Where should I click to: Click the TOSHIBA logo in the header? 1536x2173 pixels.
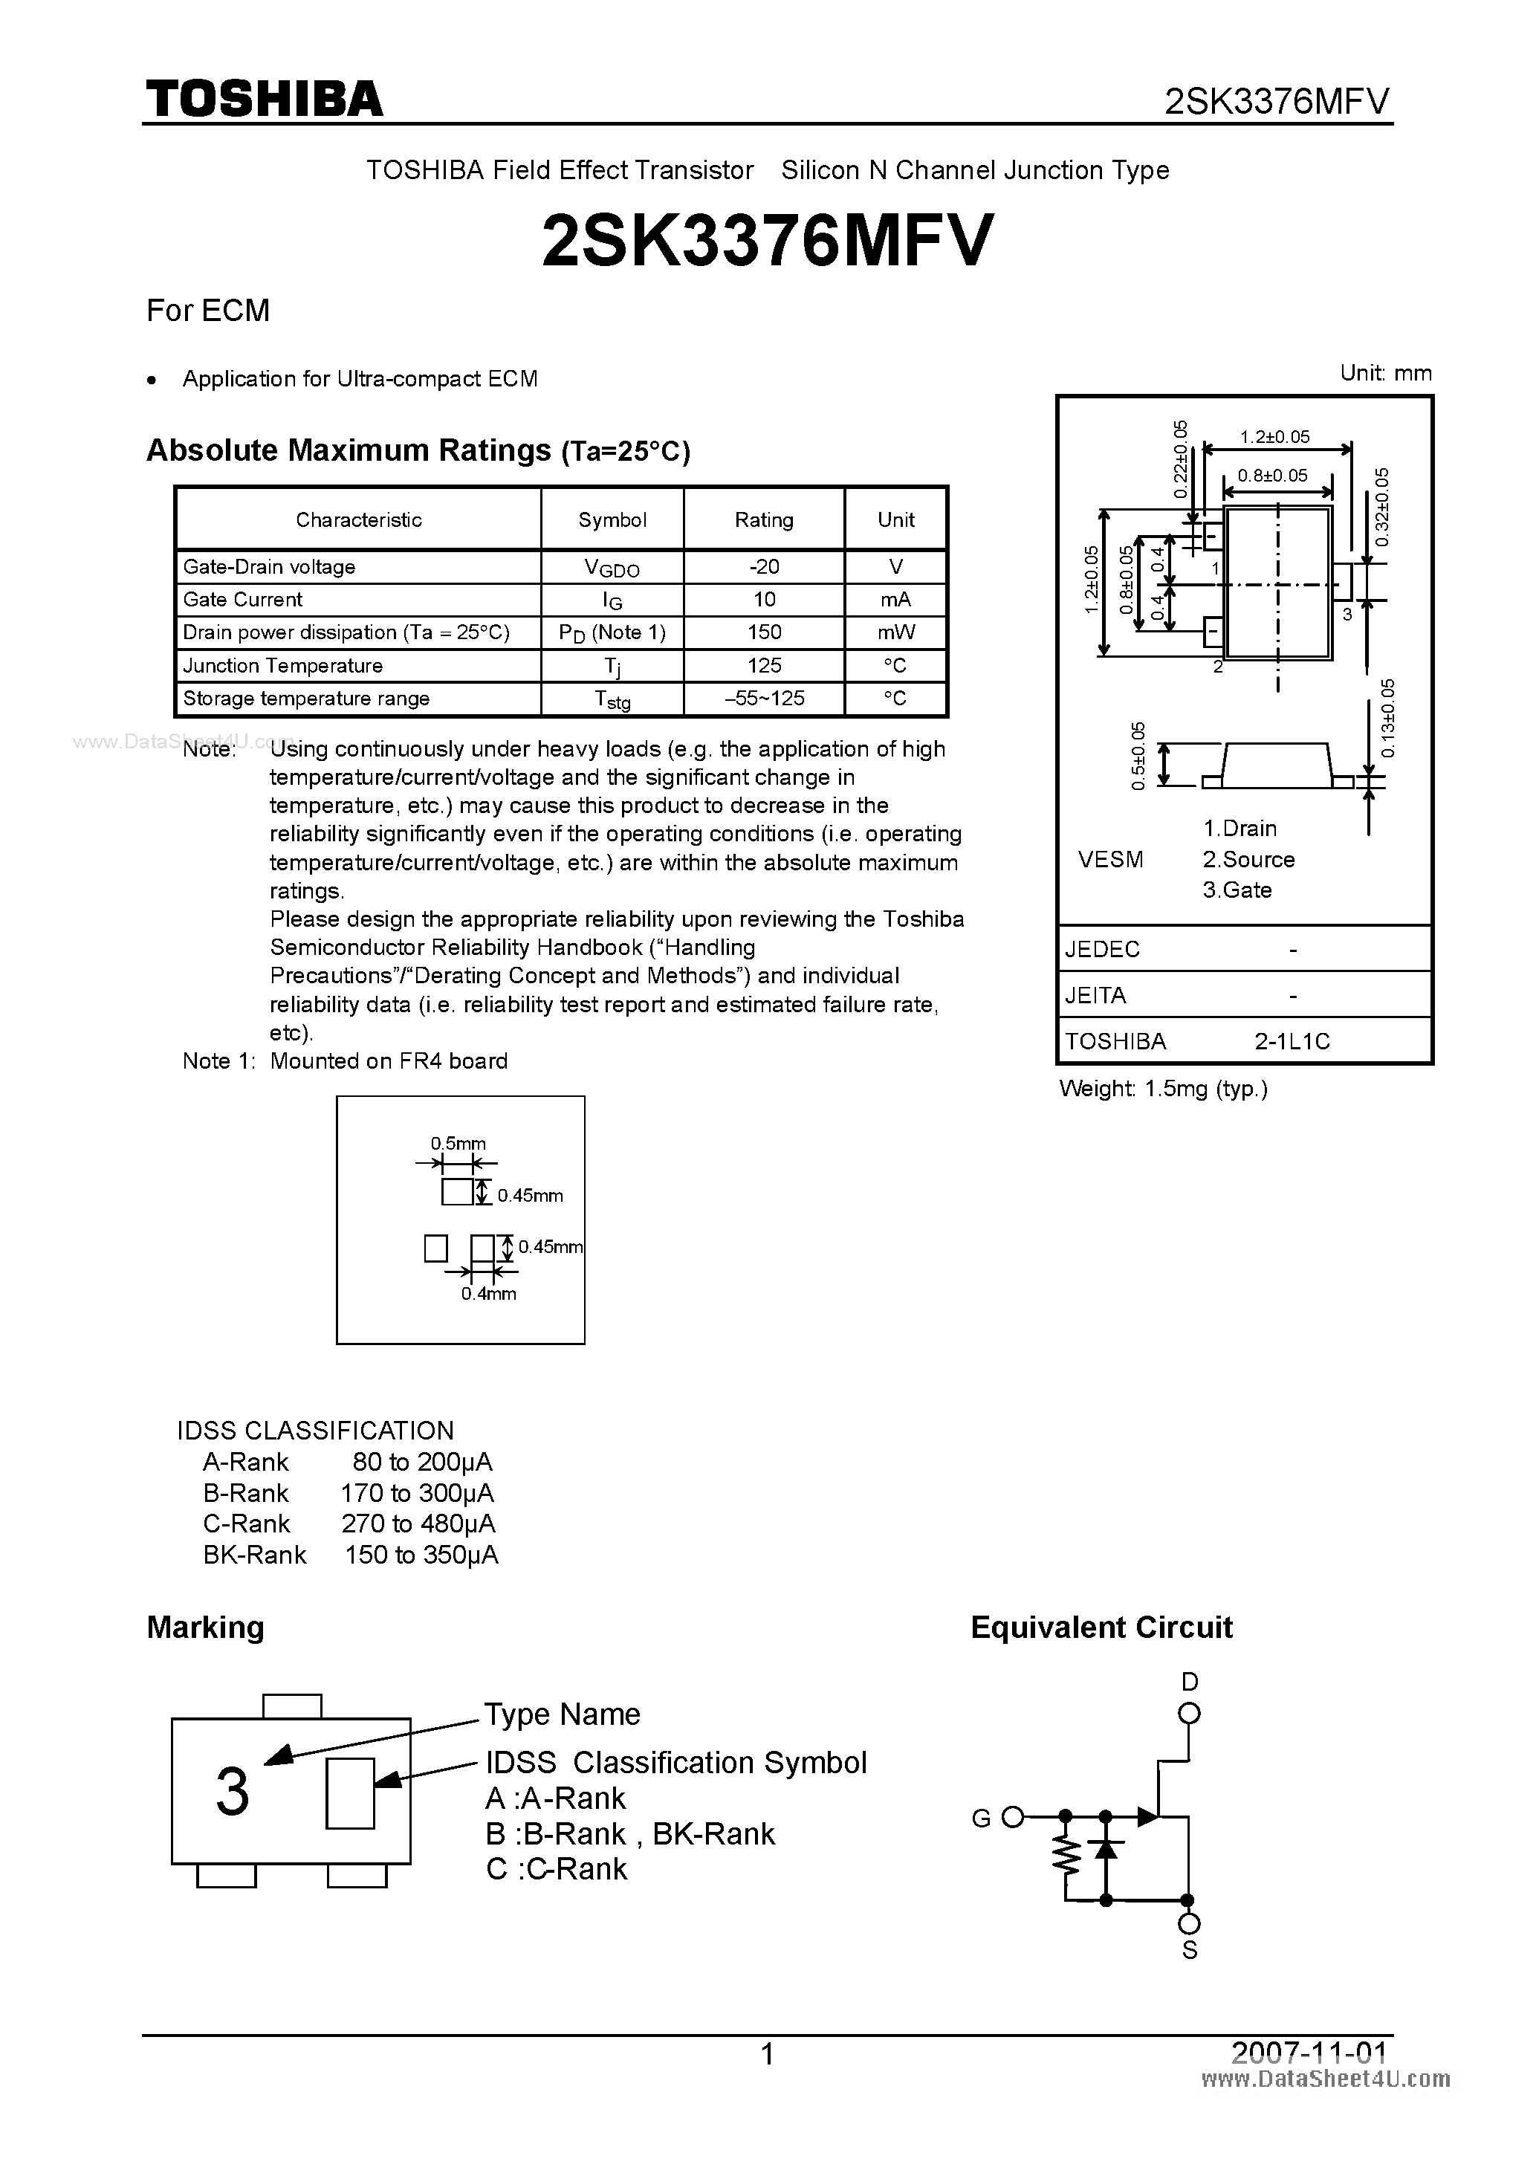[264, 98]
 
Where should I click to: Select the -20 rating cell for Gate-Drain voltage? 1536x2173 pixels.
[764, 567]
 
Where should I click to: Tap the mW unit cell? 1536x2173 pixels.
[895, 632]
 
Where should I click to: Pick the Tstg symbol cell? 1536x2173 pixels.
[612, 699]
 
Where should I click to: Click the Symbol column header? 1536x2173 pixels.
[612, 519]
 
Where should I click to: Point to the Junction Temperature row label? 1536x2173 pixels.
[283, 665]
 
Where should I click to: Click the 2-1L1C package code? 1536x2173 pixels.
[1292, 1041]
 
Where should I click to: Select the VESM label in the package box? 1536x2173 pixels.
[1110, 859]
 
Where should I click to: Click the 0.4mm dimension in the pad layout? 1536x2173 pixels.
[488, 1294]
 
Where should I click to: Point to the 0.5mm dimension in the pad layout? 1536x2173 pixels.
[458, 1143]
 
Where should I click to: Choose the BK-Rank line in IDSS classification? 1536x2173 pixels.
[350, 1555]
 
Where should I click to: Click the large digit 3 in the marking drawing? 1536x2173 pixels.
[233, 1792]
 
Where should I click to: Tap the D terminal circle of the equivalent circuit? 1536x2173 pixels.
[1190, 1713]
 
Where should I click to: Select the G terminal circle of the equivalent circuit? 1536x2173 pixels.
[1013, 1816]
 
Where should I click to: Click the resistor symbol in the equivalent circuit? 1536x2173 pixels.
[1066, 1857]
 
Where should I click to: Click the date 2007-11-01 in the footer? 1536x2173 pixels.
[1308, 2053]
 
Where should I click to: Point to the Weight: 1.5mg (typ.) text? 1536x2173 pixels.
[1163, 1089]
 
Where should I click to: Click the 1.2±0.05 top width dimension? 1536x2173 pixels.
[1274, 437]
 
